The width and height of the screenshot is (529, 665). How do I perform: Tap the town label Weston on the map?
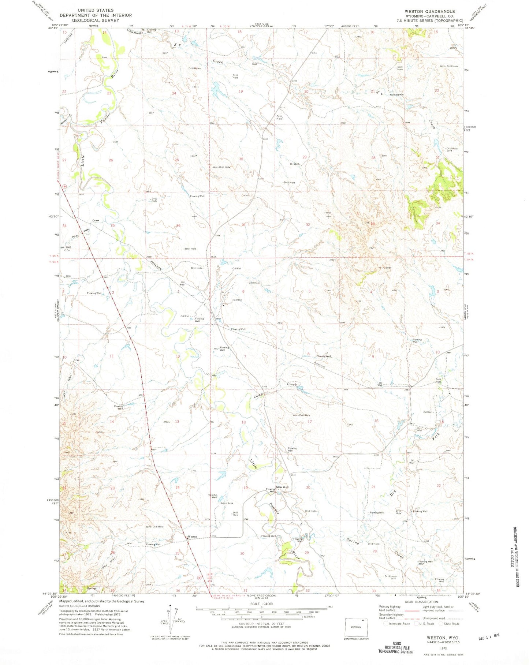pyautogui.click(x=192, y=537)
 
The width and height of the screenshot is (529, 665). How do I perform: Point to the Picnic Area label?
pyautogui.click(x=227, y=503)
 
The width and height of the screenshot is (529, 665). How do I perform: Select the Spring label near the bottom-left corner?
pyautogui.click(x=91, y=589)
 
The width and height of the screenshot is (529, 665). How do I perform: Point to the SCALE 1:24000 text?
pyautogui.click(x=260, y=604)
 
